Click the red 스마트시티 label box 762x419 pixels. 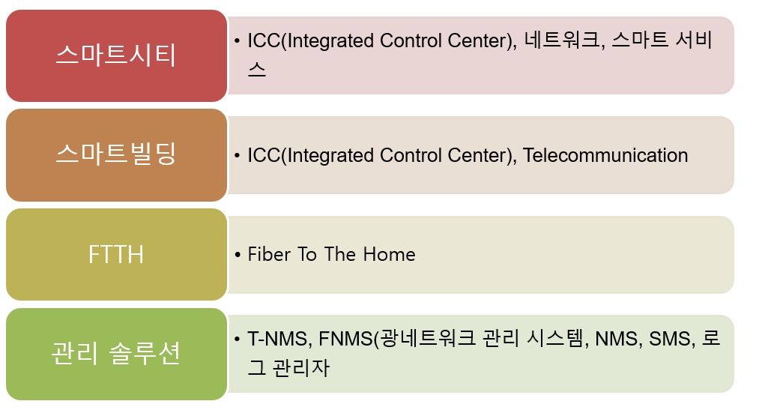[116, 55]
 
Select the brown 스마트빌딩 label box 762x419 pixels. [116, 155]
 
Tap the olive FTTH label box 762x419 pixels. [116, 254]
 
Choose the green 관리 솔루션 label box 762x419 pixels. [116, 354]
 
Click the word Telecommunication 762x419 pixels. [605, 156]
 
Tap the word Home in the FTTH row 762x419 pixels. [390, 254]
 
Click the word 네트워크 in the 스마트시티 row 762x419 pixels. [563, 40]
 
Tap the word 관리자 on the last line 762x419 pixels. [301, 367]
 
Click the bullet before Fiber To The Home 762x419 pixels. [238, 255]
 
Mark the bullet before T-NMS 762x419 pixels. [238, 339]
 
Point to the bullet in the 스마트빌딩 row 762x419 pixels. [238, 156]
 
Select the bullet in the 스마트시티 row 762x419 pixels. [238, 40]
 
